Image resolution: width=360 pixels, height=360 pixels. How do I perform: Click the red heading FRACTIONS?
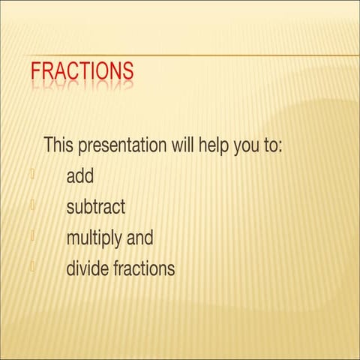(82, 71)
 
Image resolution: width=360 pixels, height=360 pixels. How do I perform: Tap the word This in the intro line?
(61, 145)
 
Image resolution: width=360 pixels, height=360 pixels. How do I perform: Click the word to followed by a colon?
(272, 145)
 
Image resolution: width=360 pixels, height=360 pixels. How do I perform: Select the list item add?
(80, 176)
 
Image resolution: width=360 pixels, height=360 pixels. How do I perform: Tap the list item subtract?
(96, 207)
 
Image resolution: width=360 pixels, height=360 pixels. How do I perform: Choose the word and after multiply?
(139, 238)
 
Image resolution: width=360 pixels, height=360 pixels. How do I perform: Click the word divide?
(87, 268)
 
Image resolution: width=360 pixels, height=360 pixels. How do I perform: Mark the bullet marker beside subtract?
(33, 205)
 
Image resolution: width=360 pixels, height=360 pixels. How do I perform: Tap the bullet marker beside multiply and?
(33, 235)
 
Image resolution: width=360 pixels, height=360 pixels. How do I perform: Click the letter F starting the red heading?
(35, 71)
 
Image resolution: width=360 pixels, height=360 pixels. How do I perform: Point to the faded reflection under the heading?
(82, 88)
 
